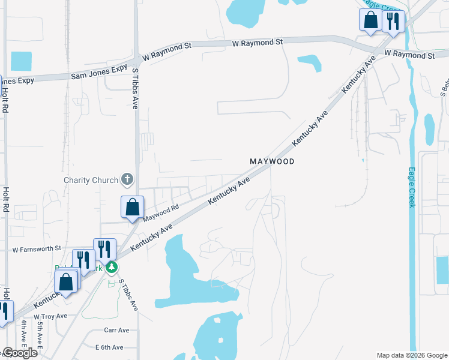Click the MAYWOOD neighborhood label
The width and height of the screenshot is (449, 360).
click(x=272, y=162)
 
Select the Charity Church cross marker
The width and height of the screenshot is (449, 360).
click(x=127, y=179)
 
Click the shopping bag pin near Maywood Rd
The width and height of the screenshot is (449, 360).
click(x=132, y=208)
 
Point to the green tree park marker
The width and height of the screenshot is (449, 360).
click(x=111, y=267)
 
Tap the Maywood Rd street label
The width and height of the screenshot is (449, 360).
click(x=161, y=212)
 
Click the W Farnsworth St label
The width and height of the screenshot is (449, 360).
click(x=37, y=248)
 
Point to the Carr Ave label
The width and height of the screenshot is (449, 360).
click(x=116, y=330)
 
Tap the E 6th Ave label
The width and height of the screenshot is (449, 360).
click(x=109, y=347)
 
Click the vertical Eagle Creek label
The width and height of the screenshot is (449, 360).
click(x=412, y=187)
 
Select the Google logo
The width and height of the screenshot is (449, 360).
click(x=19, y=353)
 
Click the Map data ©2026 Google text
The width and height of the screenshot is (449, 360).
click(x=412, y=355)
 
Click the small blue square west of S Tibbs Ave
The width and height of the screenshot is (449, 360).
click(x=21, y=61)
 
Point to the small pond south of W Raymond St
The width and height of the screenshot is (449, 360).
click(x=310, y=62)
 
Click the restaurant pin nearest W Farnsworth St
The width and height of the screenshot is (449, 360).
click(x=104, y=249)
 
